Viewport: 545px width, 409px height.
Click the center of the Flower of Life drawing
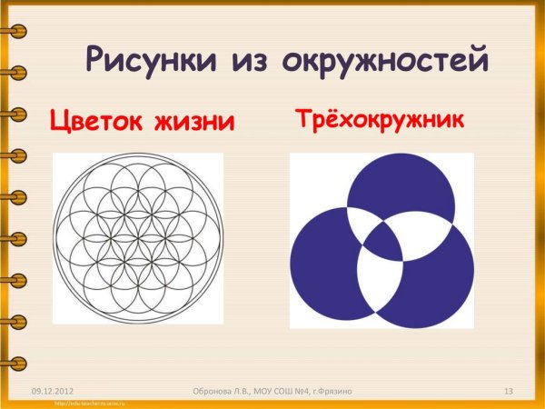click(x=137, y=238)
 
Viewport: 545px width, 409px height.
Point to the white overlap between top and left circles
click(x=357, y=222)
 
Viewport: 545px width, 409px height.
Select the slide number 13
click(x=509, y=391)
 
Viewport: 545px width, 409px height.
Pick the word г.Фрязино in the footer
click(x=331, y=391)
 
